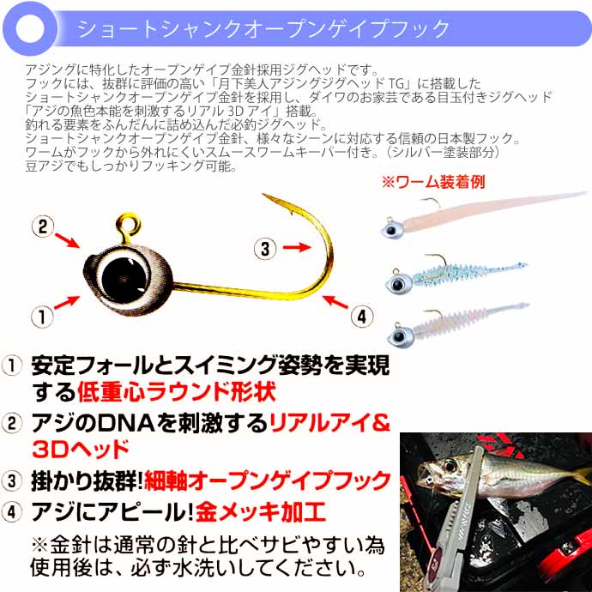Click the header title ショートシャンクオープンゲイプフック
[263, 29]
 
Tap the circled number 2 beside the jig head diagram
[42, 227]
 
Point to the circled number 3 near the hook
[265, 249]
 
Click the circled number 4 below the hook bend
[363, 316]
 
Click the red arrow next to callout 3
[295, 248]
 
